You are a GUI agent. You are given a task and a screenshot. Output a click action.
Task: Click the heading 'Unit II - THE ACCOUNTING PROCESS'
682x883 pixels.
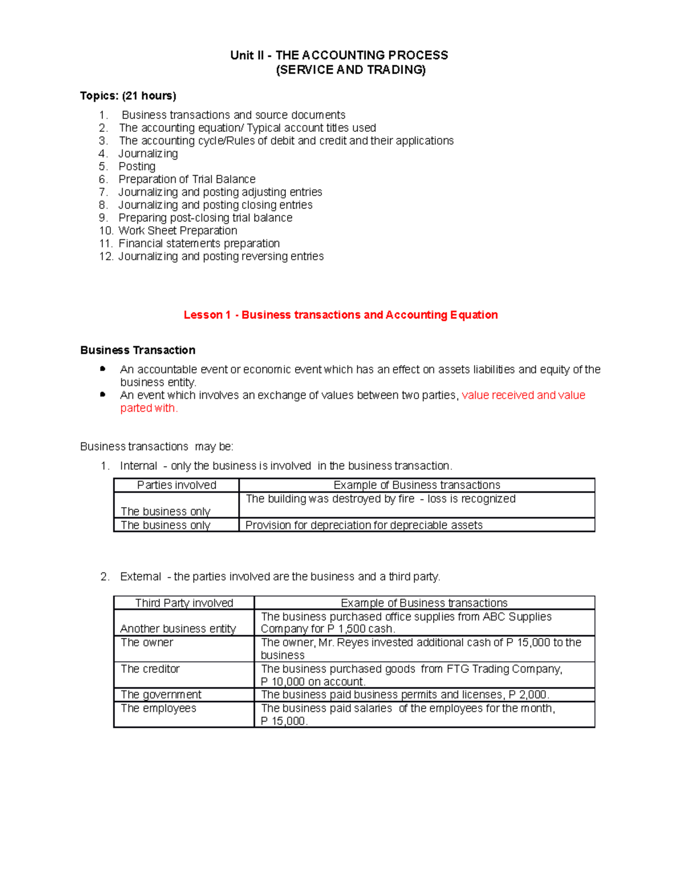pyautogui.click(x=339, y=55)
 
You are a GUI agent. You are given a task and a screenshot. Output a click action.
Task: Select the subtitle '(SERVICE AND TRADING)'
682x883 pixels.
pyautogui.click(x=350, y=70)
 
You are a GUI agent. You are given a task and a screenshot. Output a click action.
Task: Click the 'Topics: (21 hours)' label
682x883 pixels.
pyautogui.click(x=128, y=96)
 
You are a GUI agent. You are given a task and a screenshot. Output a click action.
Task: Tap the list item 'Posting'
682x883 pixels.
pyautogui.click(x=136, y=167)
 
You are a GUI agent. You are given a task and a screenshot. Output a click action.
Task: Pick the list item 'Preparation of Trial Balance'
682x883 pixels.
pyautogui.click(x=186, y=179)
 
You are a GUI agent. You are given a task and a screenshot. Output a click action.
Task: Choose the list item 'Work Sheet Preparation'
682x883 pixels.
pyautogui.click(x=177, y=231)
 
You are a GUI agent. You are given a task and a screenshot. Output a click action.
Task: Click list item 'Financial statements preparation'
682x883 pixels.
pyautogui.click(x=199, y=243)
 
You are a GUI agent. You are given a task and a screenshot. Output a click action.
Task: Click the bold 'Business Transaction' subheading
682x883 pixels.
pyautogui.click(x=138, y=350)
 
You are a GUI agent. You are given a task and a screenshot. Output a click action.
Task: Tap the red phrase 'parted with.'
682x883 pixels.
pyautogui.click(x=149, y=408)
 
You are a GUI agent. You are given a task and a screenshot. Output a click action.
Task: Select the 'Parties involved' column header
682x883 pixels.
pyautogui.click(x=177, y=485)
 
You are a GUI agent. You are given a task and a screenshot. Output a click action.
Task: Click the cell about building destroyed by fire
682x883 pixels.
pyautogui.click(x=380, y=499)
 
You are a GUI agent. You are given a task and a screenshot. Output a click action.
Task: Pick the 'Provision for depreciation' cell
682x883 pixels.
pyautogui.click(x=364, y=525)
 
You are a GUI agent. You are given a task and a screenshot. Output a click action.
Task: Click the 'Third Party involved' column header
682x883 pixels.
pyautogui.click(x=184, y=603)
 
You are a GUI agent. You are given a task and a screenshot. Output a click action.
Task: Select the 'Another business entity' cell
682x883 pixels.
pyautogui.click(x=178, y=629)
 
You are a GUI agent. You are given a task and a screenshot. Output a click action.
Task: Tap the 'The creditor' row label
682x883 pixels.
pyautogui.click(x=150, y=669)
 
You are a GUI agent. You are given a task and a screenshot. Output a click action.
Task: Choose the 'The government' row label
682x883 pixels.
pyautogui.click(x=161, y=695)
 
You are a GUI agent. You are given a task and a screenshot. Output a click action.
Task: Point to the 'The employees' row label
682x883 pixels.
pyautogui.click(x=158, y=708)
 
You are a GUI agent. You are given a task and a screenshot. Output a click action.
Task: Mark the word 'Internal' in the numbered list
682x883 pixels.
pyautogui.click(x=138, y=466)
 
